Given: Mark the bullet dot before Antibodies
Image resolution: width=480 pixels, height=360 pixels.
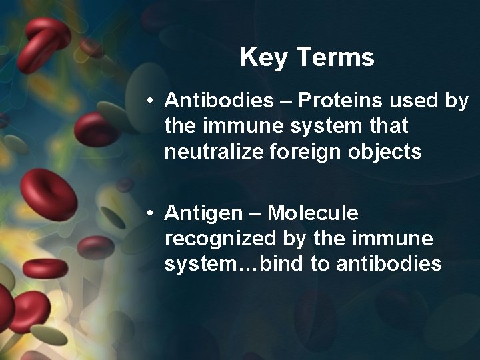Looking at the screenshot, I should point(152,102).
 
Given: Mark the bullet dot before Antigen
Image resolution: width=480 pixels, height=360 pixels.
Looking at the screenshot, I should point(152,214).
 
